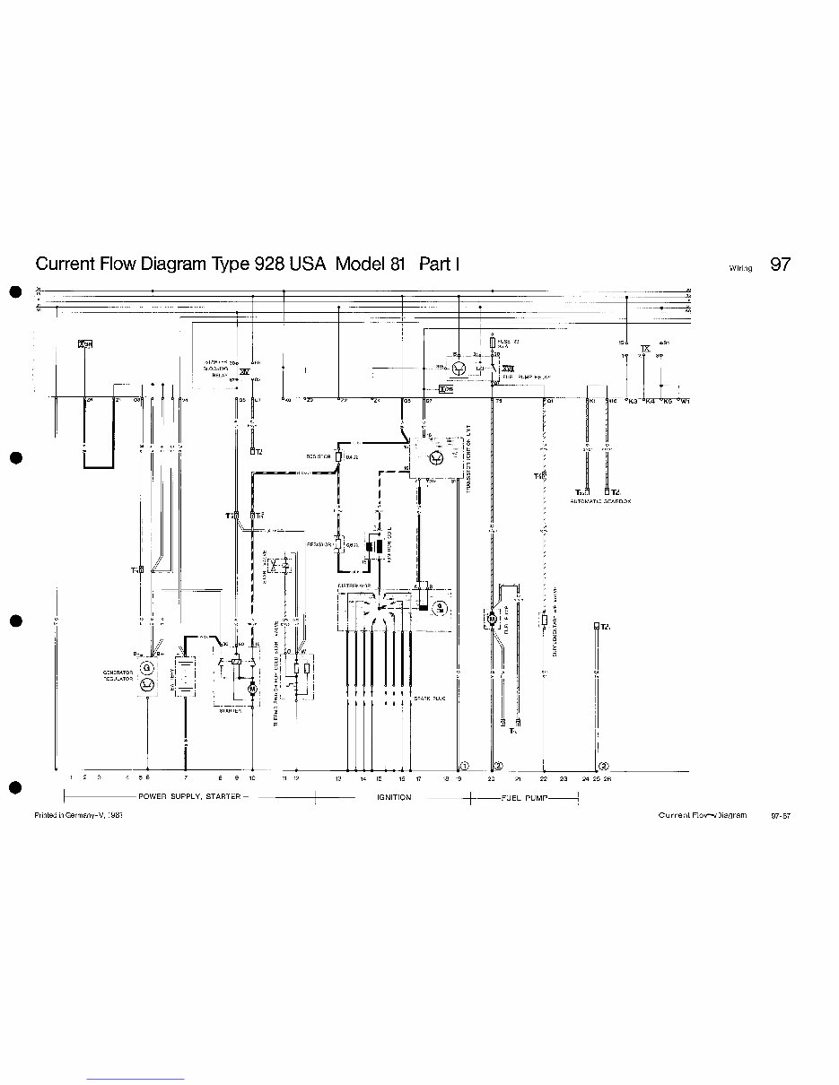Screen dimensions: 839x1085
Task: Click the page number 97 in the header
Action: coord(780,265)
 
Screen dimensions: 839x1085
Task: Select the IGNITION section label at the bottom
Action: coord(394,797)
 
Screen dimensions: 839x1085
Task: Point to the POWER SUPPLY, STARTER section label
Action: coord(188,797)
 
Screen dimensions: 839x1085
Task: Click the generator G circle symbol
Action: coord(147,668)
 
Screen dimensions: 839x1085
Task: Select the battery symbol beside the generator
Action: coord(185,674)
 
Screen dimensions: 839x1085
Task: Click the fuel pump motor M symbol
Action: coord(492,618)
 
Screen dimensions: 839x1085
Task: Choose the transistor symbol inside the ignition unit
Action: coord(435,458)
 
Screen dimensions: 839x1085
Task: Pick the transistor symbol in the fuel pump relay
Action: coord(459,368)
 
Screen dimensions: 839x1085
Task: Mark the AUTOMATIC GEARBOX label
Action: coord(600,501)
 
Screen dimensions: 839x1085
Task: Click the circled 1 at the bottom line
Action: coord(464,765)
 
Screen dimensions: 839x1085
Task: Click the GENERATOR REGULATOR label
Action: coord(118,674)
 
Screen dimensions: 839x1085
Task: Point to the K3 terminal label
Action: coord(633,401)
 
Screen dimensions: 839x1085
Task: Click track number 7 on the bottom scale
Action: coord(186,779)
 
